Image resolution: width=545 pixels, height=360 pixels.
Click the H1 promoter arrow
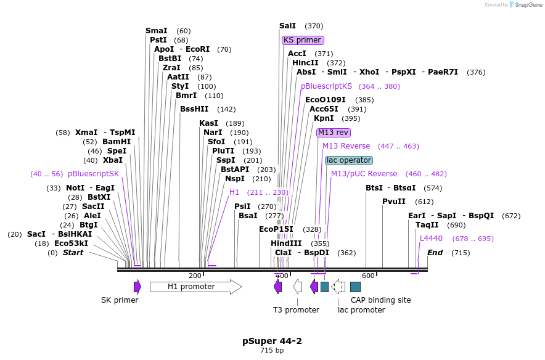point(195,287)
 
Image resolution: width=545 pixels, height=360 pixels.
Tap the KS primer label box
point(303,40)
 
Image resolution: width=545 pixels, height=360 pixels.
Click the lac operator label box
point(349,160)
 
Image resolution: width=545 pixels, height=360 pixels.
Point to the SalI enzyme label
point(287,26)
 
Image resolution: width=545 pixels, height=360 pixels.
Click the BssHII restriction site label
point(194,109)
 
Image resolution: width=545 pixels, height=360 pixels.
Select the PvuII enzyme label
point(394,202)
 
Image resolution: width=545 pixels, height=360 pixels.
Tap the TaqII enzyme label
point(427,225)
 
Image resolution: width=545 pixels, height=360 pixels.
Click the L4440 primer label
point(431,239)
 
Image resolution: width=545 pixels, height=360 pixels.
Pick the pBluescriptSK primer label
point(93,174)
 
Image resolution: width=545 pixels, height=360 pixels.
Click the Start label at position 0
point(73,252)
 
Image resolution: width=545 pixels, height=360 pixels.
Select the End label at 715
point(435,252)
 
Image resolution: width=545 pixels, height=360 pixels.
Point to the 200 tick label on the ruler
point(195,276)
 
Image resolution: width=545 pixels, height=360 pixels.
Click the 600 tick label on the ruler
point(369,276)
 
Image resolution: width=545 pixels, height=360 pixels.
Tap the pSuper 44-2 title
point(272,341)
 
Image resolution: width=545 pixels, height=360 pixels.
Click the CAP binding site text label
point(380,300)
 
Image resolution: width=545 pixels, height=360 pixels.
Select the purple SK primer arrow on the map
point(137,287)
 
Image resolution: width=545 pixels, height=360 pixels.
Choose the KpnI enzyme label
point(324,118)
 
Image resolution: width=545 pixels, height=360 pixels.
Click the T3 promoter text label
point(296,310)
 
